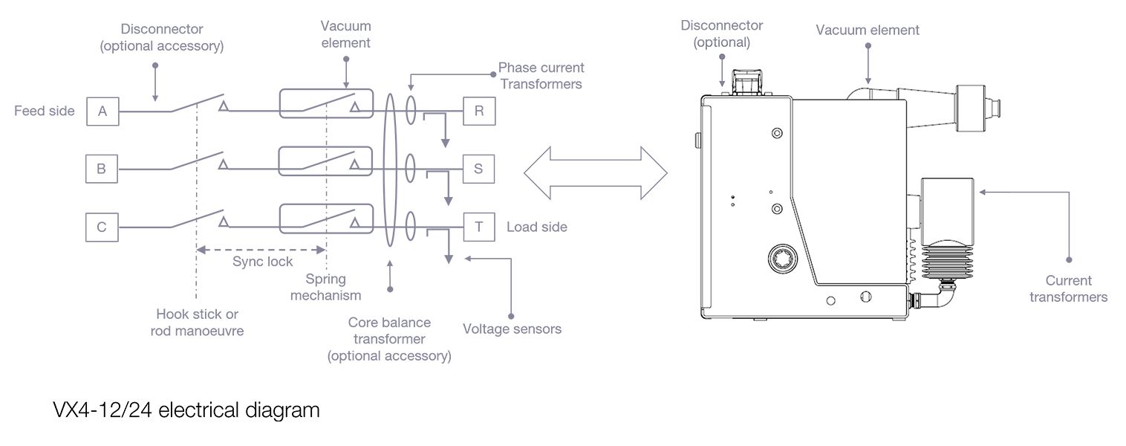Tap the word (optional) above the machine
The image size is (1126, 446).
pyautogui.click(x=722, y=43)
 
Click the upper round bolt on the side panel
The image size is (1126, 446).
pyautogui.click(x=777, y=133)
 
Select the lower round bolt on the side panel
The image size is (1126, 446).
pyautogui.click(x=777, y=209)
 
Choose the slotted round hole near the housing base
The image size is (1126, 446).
pyautogui.click(x=863, y=297)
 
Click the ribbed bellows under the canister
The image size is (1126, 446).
pyautogui.click(x=947, y=268)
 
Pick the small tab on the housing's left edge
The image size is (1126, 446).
pyautogui.click(x=697, y=138)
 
